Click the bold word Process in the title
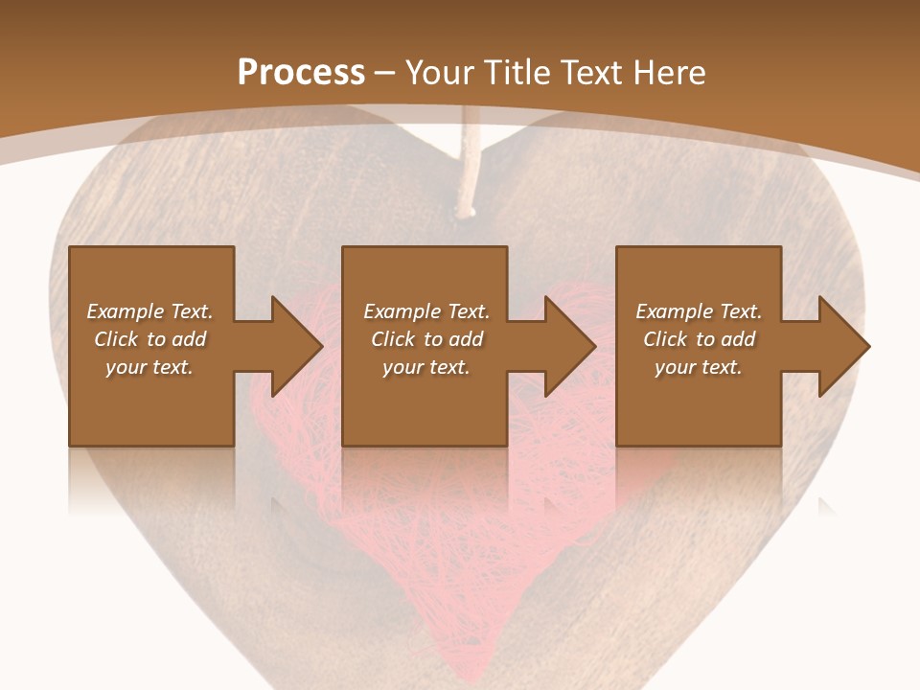(x=301, y=73)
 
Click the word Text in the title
(x=593, y=73)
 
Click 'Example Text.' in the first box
(x=149, y=311)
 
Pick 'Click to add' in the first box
(x=149, y=339)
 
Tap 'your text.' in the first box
(x=149, y=367)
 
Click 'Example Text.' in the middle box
(x=426, y=311)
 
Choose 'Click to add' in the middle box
(x=426, y=339)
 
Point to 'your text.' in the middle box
(x=426, y=367)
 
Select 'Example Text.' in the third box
(x=699, y=311)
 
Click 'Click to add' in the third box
(x=699, y=339)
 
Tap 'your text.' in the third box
(x=699, y=367)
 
